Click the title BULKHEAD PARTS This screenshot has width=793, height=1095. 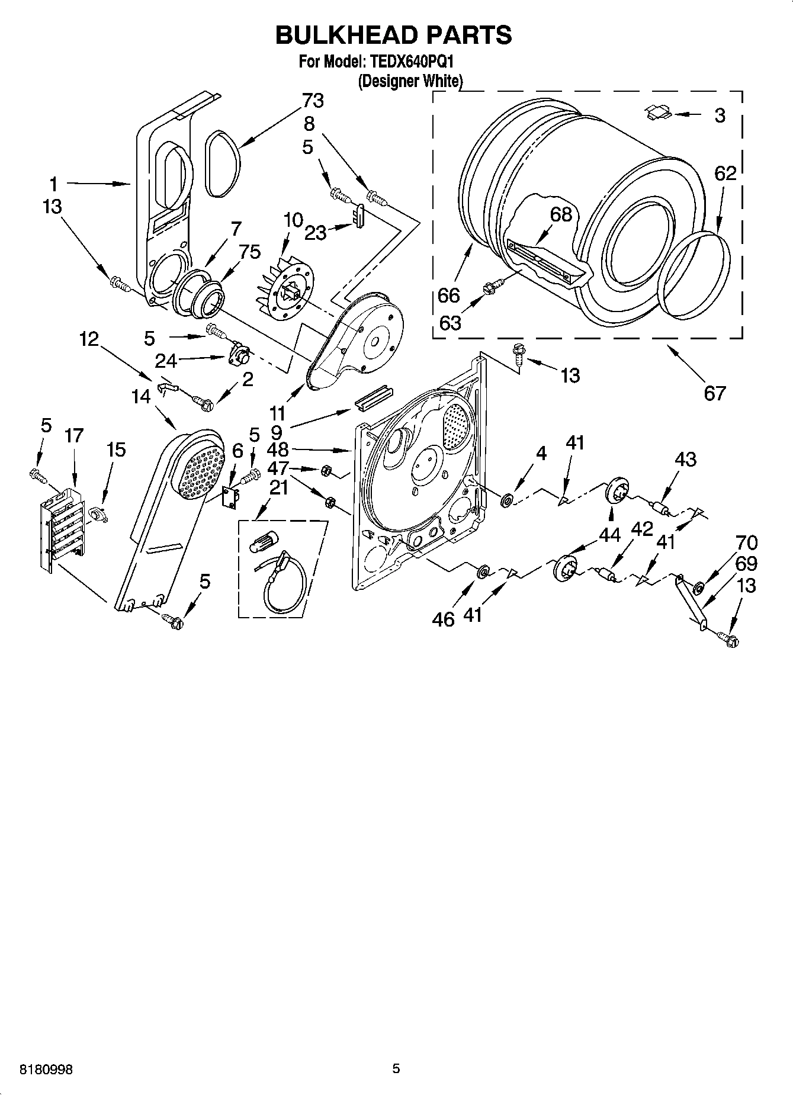pyautogui.click(x=393, y=36)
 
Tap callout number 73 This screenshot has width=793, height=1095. pyautogui.click(x=313, y=101)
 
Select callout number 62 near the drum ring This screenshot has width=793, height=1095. pyautogui.click(x=725, y=174)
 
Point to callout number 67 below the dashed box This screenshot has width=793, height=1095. pyautogui.click(x=714, y=393)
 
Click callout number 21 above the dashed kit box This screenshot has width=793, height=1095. pyautogui.click(x=278, y=487)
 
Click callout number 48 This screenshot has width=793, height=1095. pyautogui.click(x=277, y=449)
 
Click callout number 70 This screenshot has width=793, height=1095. pyautogui.click(x=746, y=542)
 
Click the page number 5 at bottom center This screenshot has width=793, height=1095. pyautogui.click(x=396, y=1068)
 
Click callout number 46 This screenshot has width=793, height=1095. pyautogui.click(x=443, y=619)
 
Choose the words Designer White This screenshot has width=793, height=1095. pyautogui.click(x=410, y=82)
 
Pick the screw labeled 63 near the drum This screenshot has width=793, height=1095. pyautogui.click(x=493, y=288)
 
